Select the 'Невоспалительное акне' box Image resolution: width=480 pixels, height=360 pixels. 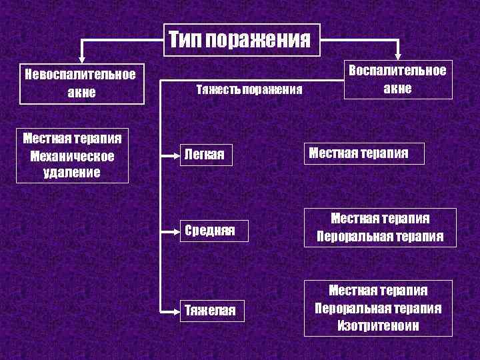[82, 83]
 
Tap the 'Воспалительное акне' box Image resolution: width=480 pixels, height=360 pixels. [398, 79]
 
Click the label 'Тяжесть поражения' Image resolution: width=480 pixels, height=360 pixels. [249, 89]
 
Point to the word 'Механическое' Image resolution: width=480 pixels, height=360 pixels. [73, 156]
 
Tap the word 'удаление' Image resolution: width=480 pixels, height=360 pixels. [73, 172]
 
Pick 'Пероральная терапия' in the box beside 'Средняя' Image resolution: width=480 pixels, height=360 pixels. [380, 237]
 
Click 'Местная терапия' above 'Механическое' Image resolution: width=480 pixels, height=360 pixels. [73, 139]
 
